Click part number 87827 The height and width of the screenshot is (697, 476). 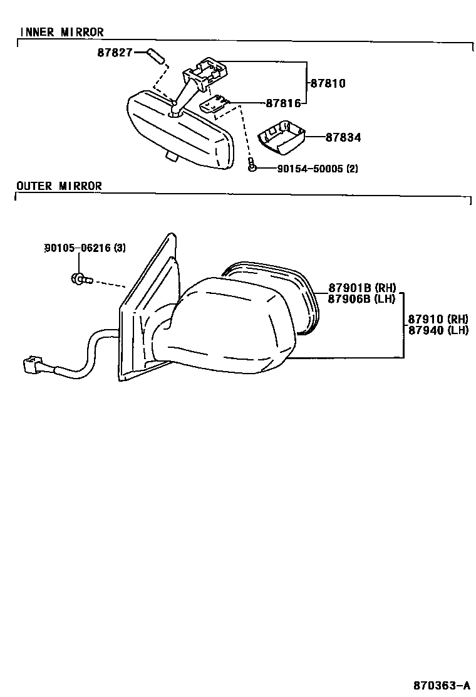[115, 53]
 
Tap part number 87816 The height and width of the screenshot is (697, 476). [283, 103]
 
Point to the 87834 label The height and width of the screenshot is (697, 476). [343, 137]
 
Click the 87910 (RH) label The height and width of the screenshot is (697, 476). [438, 319]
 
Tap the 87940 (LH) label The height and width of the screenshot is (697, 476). [438, 330]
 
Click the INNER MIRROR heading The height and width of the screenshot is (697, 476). [61, 32]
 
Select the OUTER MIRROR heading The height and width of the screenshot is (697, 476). [59, 186]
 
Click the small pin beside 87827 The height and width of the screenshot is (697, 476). [156, 55]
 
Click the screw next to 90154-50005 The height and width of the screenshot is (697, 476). [251, 166]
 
